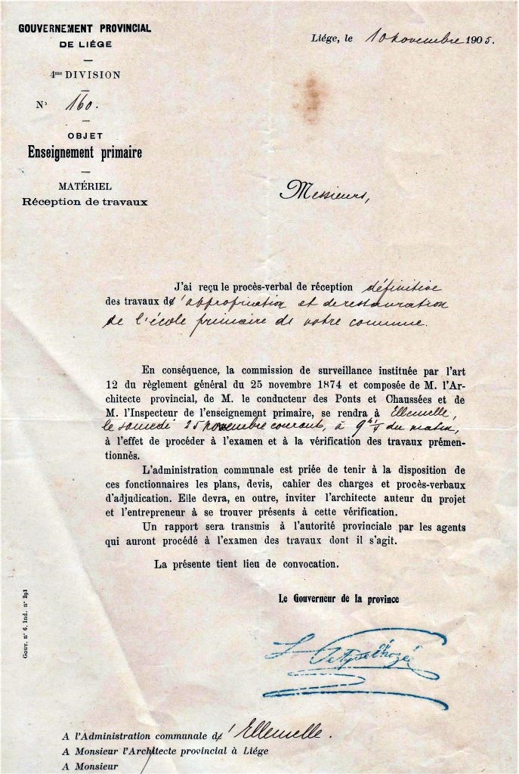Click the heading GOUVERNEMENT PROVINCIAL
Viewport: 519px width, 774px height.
coord(85,28)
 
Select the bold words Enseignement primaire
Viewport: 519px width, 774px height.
coord(85,153)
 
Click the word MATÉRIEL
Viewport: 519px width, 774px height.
coord(85,186)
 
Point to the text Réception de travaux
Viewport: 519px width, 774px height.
coord(85,202)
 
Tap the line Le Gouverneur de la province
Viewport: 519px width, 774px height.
coord(338,599)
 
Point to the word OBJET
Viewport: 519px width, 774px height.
coord(85,135)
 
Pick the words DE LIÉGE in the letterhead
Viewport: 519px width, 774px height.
coord(85,44)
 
